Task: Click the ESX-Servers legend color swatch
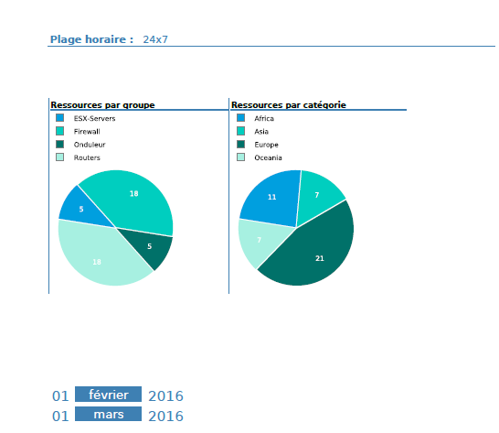pos(60,118)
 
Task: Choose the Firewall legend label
pos(87,132)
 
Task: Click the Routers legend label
pos(87,157)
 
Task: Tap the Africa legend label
pos(264,119)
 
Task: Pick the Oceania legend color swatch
pos(241,157)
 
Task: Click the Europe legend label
pos(266,145)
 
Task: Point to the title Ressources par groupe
pos(102,105)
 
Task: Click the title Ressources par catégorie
pos(288,105)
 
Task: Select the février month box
pos(108,395)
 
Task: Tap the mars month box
pos(108,416)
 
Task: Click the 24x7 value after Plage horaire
pos(155,39)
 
